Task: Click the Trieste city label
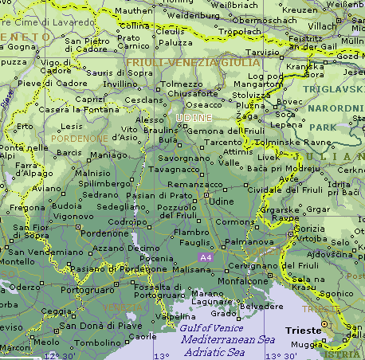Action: point(303,330)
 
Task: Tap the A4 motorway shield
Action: point(205,257)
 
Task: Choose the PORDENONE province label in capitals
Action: point(79,137)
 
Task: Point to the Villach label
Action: point(323,26)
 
